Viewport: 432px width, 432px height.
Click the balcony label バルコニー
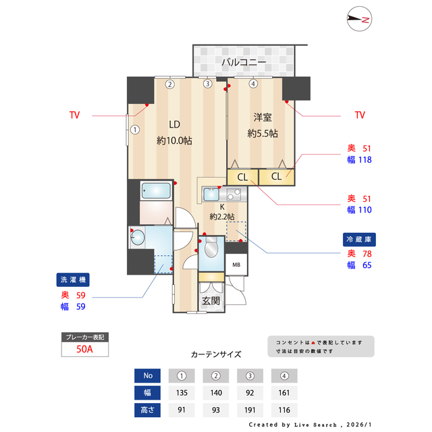point(244,63)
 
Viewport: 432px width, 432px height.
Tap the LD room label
point(174,124)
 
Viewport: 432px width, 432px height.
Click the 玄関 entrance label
point(211,300)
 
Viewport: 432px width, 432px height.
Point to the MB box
point(236,264)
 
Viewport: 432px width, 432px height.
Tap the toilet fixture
point(211,250)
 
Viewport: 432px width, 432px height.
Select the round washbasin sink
point(139,237)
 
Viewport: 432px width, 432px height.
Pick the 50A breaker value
point(84,349)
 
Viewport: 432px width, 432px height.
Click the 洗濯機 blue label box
point(74,279)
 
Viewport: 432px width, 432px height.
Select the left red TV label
point(74,115)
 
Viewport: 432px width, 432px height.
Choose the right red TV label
point(360,115)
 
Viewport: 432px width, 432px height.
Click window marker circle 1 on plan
point(135,130)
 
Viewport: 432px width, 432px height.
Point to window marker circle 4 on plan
point(252,84)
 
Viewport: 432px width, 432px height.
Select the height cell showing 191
point(250,410)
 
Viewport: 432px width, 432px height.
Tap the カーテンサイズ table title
point(216,354)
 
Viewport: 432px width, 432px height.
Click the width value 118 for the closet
point(366,160)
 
